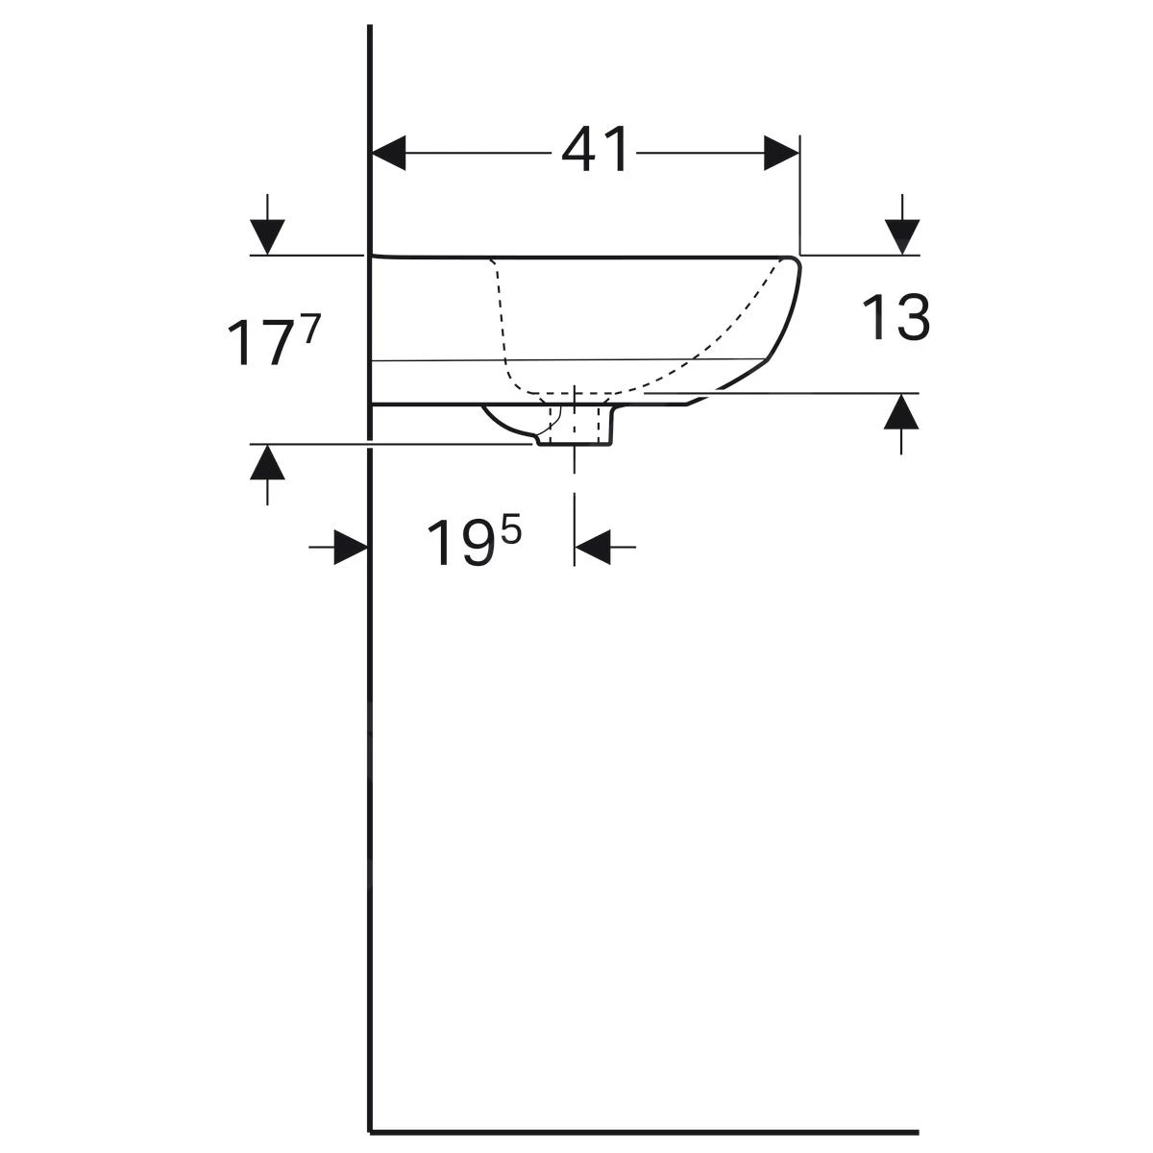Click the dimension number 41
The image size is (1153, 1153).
[x=595, y=150]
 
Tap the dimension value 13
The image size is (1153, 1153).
[x=895, y=318]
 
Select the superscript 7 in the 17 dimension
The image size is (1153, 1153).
[x=312, y=329]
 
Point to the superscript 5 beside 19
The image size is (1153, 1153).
[x=511, y=532]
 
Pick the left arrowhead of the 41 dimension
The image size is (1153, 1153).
[x=389, y=153]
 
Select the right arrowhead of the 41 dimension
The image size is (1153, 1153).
[x=781, y=153]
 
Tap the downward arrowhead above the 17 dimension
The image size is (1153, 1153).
[x=267, y=237]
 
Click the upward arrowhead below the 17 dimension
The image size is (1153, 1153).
[x=267, y=462]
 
